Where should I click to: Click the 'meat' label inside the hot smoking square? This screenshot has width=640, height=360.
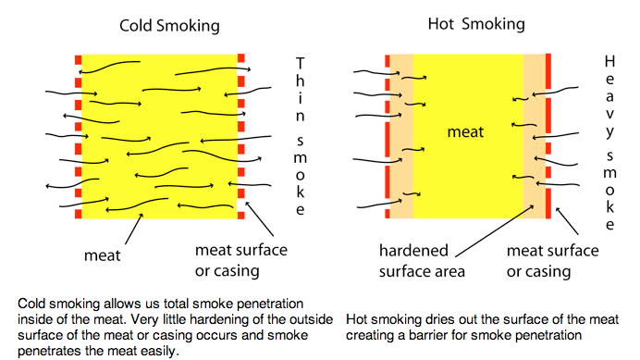[466, 132]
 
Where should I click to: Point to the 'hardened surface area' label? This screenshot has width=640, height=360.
[422, 260]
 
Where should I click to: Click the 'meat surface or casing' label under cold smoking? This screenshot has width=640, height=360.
[241, 260]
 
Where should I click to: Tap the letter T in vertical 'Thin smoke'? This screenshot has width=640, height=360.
[299, 63]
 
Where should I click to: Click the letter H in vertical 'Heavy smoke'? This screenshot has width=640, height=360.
[609, 61]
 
